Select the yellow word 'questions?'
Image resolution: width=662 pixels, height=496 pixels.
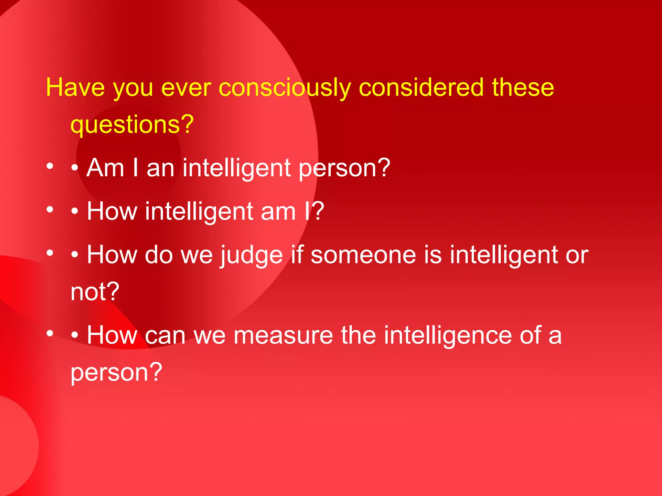(x=132, y=124)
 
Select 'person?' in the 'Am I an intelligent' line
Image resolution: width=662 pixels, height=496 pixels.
(x=345, y=169)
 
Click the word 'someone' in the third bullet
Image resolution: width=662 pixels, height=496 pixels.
(x=363, y=255)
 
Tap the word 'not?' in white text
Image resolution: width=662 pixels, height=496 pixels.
(x=95, y=292)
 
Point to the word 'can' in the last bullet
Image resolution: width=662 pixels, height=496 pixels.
(x=165, y=336)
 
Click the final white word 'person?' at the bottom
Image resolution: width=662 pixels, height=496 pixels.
(x=116, y=372)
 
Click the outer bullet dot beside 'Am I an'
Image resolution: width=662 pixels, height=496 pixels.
(x=49, y=166)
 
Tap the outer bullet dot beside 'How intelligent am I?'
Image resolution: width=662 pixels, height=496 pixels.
(x=49, y=210)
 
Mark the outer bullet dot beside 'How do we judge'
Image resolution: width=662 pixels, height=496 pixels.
(x=49, y=253)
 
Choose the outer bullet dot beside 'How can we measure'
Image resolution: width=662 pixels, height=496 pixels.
(x=49, y=333)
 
